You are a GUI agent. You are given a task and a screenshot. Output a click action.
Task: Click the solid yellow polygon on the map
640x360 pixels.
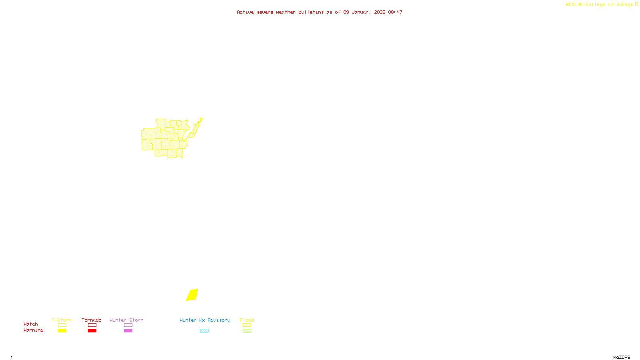(x=192, y=295)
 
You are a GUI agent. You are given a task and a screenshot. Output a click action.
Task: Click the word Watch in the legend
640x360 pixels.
(x=31, y=324)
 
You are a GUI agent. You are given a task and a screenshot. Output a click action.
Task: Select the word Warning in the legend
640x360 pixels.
(x=34, y=330)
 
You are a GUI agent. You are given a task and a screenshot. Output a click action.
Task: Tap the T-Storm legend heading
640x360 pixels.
(x=62, y=320)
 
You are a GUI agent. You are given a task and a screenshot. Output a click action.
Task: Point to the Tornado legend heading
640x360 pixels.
(x=92, y=320)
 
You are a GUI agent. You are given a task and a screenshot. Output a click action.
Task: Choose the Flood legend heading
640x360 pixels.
(x=247, y=320)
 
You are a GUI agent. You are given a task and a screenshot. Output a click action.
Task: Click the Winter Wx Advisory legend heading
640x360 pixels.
(x=205, y=320)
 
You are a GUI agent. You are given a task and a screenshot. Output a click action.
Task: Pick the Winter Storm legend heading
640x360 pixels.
(x=126, y=320)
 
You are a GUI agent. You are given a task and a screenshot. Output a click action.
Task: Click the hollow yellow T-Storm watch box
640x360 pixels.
(x=62, y=325)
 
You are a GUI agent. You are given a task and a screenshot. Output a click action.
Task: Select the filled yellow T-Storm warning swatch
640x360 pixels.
(x=62, y=331)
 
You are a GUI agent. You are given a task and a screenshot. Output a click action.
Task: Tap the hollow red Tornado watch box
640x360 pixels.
(x=92, y=325)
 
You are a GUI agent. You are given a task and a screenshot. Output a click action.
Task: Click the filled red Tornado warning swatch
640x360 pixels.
(x=92, y=331)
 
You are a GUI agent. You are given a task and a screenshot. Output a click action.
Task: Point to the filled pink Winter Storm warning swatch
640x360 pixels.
(x=128, y=331)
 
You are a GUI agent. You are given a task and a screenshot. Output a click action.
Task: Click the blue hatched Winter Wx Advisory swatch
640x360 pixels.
(x=204, y=331)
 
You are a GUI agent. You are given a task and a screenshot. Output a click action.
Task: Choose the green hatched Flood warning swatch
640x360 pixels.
(x=247, y=331)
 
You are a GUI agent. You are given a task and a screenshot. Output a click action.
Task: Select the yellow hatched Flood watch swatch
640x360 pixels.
(x=247, y=325)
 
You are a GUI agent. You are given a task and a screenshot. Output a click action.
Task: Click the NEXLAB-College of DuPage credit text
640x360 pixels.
(x=600, y=5)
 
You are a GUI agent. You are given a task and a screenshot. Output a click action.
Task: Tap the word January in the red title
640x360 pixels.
(x=362, y=12)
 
